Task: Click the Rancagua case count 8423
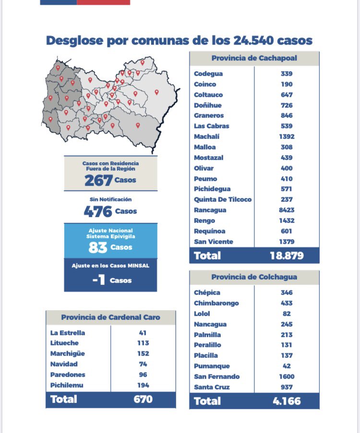tap(287, 210)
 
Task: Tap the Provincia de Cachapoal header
tap(254, 59)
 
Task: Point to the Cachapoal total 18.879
tap(287, 255)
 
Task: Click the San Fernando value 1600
tap(287, 377)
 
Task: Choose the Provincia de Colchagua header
tap(254, 277)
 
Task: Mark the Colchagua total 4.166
tap(287, 401)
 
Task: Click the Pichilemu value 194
tap(143, 385)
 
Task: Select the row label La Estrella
tap(68, 333)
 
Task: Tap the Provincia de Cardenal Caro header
tap(111, 317)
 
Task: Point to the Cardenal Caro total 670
tap(143, 399)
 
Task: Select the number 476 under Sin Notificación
tap(98, 211)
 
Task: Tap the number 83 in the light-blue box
tap(97, 248)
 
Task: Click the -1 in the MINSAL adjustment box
tap(98, 280)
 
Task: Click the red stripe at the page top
tap(103, 2)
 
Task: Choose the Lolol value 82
tap(287, 313)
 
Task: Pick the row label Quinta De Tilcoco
tap(223, 200)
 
